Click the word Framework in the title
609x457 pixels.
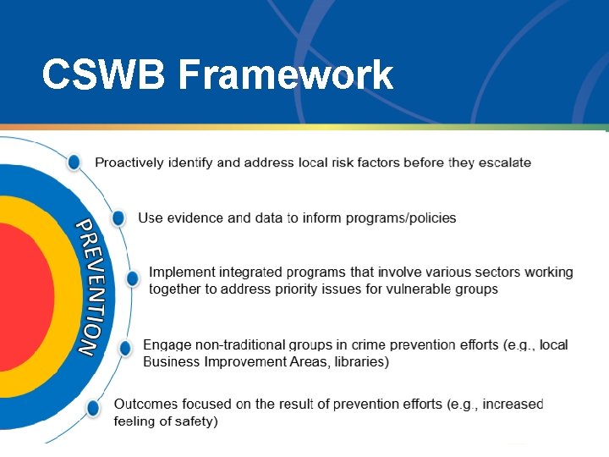[286, 74]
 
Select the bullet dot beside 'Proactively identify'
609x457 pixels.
[74, 162]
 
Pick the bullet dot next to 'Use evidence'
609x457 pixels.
[118, 218]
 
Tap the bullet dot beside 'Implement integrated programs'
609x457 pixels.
[133, 278]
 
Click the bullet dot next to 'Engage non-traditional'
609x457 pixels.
[125, 348]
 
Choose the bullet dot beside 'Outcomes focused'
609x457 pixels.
[93, 409]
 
